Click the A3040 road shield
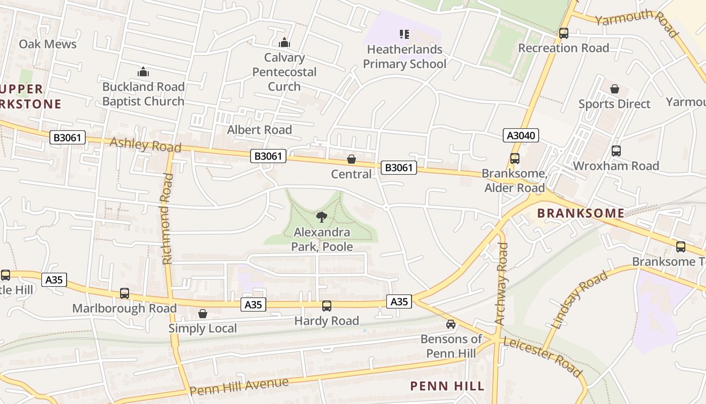coord(521,135)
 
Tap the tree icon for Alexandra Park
coord(321,218)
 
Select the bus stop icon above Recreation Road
coord(563,33)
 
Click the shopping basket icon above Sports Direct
coord(615,89)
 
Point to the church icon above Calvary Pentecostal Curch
coord(284,42)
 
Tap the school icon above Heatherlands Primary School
coord(404,34)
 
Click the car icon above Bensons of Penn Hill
coord(450,324)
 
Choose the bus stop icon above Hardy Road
coord(327,306)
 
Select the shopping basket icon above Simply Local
coord(202,314)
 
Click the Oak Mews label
coord(47,44)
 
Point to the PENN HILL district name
coord(447,386)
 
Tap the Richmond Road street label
coord(167,219)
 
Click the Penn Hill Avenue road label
coord(239,386)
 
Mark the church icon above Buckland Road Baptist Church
coord(143,72)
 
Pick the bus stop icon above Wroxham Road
coord(616,150)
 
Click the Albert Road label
coord(259,130)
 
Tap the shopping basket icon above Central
coord(351,160)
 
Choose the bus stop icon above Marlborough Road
coord(124,293)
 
